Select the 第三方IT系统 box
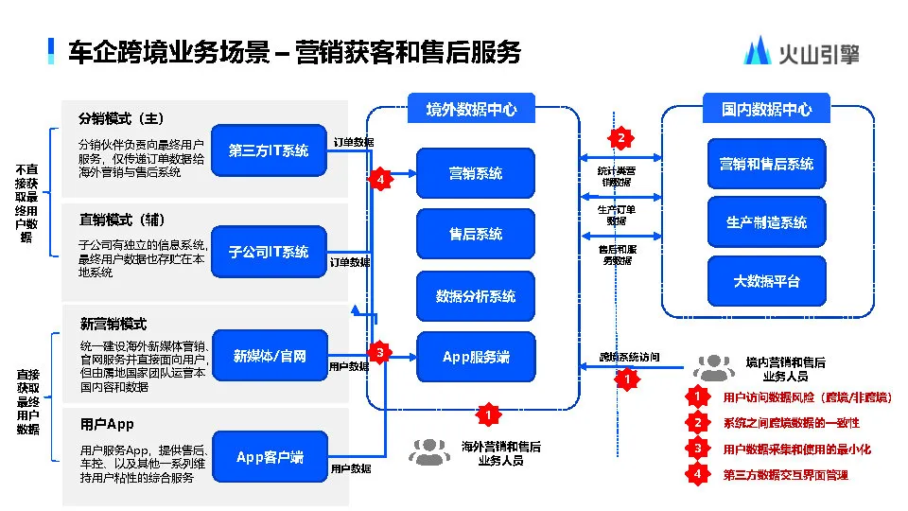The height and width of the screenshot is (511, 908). tap(269, 150)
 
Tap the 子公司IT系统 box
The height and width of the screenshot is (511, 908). tap(269, 252)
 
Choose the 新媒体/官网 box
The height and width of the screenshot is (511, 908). tap(269, 356)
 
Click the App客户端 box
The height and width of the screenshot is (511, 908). tap(269, 457)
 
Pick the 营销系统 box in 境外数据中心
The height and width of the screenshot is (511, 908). tap(475, 174)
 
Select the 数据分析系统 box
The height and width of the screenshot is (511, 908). tap(475, 296)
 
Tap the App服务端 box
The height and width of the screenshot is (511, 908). tap(475, 357)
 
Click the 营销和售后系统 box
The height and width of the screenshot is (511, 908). tap(766, 164)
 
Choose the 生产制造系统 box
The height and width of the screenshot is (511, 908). tap(766, 222)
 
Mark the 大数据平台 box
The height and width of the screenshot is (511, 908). tap(766, 281)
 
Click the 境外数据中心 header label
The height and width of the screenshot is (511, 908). tap(471, 109)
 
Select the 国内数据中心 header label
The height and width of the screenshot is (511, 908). tap(766, 109)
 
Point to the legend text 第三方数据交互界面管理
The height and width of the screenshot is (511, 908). tap(785, 475)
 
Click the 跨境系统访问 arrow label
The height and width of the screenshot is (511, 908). tap(629, 358)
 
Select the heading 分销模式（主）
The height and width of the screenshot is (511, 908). tap(122, 119)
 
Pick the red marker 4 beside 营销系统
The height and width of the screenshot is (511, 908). tap(379, 179)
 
